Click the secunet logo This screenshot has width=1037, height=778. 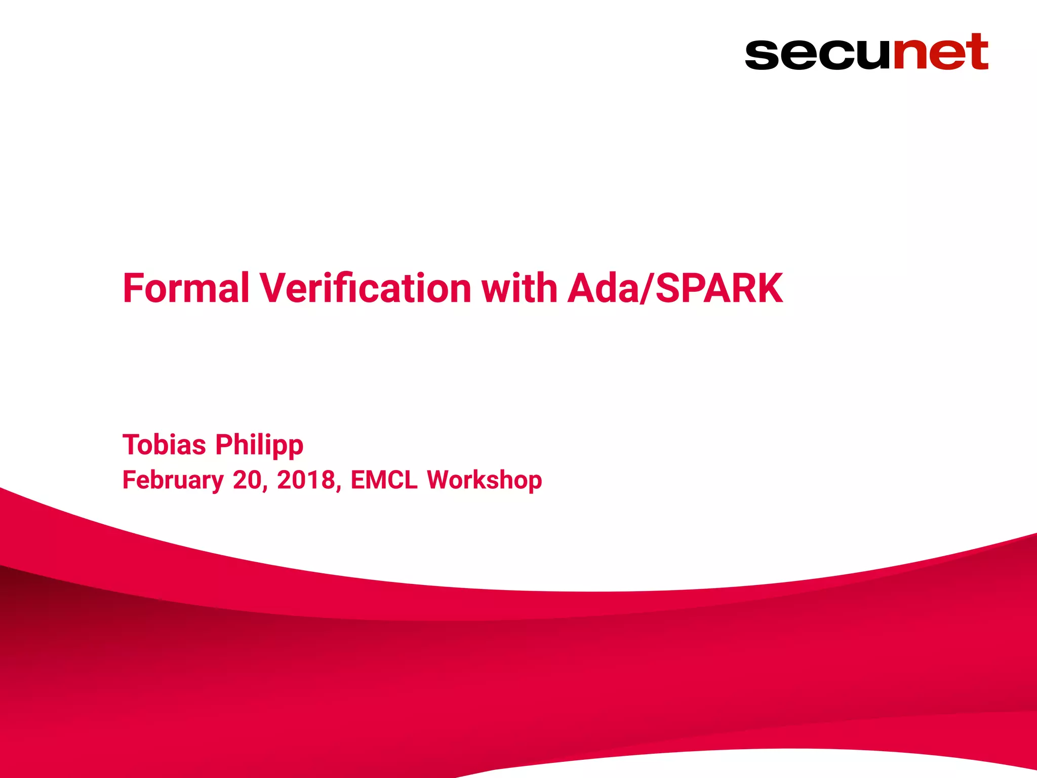click(x=866, y=52)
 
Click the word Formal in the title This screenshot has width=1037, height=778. click(x=186, y=288)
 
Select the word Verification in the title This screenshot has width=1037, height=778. click(x=366, y=288)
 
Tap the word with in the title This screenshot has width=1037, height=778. click(x=520, y=288)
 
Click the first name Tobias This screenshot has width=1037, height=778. click(x=164, y=445)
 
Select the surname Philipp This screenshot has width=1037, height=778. click(x=259, y=446)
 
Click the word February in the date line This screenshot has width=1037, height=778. click(x=173, y=480)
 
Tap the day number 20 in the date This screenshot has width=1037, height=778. click(x=248, y=480)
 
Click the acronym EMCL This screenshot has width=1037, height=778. click(x=384, y=480)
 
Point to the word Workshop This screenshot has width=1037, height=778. click(x=484, y=480)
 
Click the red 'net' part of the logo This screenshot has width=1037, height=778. click(x=940, y=52)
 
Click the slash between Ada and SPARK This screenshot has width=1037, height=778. click(x=647, y=288)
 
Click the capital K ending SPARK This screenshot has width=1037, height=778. click(x=769, y=288)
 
